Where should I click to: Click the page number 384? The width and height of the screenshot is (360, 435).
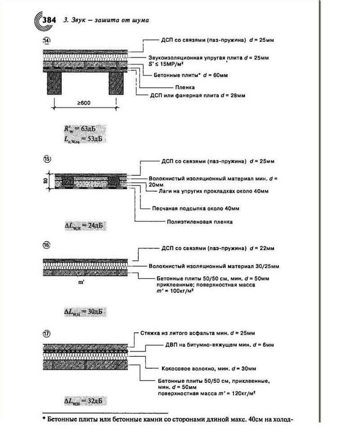click(x=49, y=20)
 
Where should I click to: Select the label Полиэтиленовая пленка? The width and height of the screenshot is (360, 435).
click(x=199, y=221)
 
